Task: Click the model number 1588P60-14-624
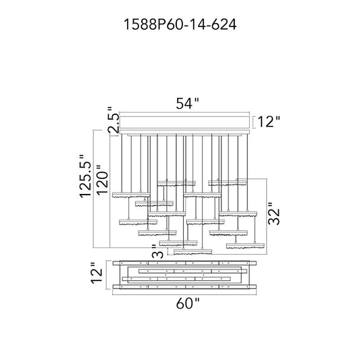point(180,24)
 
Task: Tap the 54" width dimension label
point(187,103)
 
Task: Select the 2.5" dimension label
point(113,120)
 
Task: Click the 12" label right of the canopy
point(269,122)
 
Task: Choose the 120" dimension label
point(102,180)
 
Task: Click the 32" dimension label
point(274,213)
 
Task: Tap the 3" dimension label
point(158,251)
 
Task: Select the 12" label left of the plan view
point(97,273)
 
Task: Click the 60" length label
point(187,304)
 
